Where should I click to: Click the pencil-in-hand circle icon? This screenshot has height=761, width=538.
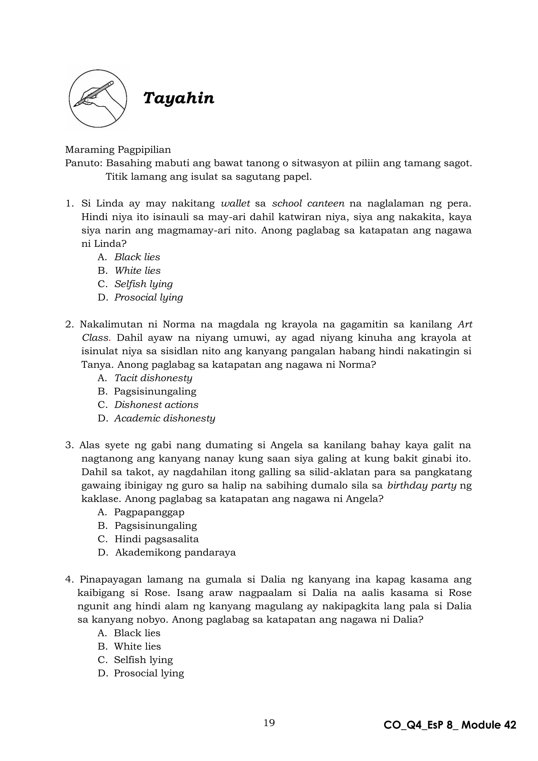click(98, 99)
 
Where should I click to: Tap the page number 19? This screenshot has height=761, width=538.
click(269, 732)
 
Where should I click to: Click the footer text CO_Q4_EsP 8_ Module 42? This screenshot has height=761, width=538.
click(449, 734)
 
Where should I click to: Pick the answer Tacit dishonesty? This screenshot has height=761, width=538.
click(153, 378)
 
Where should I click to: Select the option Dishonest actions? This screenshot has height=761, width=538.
click(156, 405)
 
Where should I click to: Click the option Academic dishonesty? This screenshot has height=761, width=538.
click(165, 418)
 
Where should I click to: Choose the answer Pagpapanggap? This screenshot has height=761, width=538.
click(149, 512)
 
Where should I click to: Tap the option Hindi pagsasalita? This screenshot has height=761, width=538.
click(156, 539)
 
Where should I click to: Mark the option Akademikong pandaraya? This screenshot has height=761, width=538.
click(175, 553)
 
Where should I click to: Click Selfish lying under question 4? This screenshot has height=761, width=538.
click(143, 660)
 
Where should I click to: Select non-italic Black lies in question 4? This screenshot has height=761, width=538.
click(137, 633)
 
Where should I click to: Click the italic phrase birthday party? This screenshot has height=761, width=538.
click(421, 486)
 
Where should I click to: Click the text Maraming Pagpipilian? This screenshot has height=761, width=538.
click(118, 150)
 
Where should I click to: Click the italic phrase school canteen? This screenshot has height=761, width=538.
click(308, 203)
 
